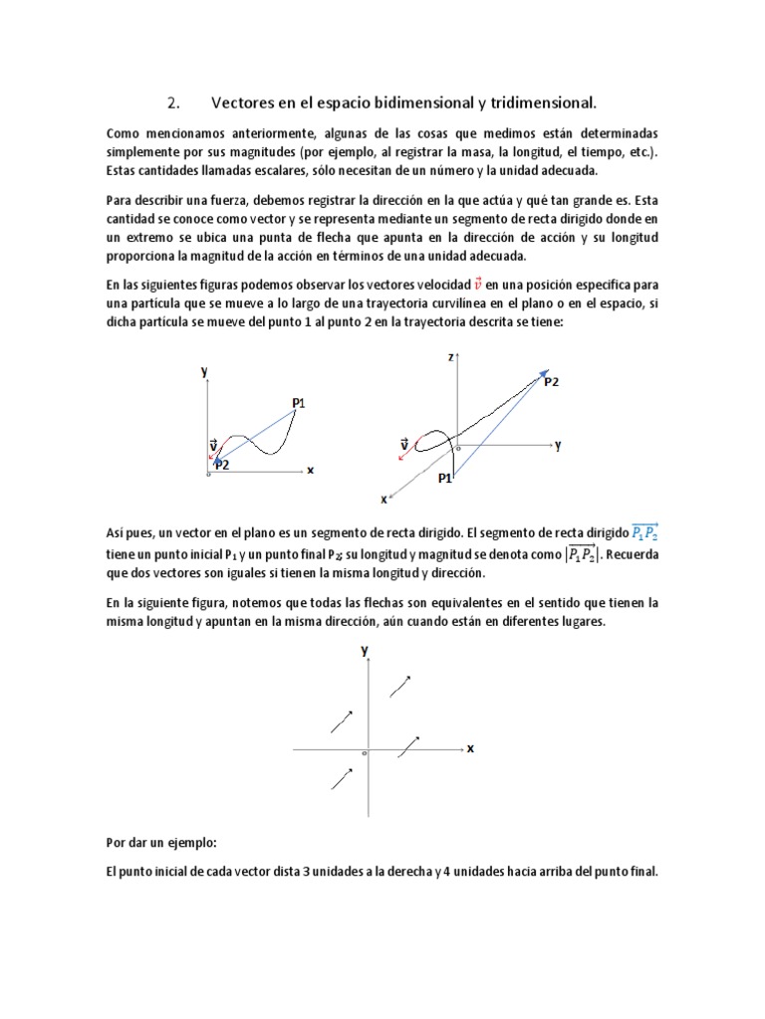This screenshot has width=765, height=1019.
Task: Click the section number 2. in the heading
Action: click(172, 102)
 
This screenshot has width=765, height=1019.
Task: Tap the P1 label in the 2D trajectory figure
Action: click(299, 402)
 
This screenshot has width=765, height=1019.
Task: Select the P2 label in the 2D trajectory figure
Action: click(221, 465)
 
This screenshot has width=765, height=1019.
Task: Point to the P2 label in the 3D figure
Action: click(551, 382)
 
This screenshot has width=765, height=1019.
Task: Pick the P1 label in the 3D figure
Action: click(444, 479)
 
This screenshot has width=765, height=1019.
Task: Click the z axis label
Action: click(451, 356)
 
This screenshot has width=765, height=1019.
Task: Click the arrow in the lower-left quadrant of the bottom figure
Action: click(342, 778)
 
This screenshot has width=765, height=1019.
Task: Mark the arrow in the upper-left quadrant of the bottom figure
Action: click(342, 721)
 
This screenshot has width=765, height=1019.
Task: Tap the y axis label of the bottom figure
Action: click(365, 649)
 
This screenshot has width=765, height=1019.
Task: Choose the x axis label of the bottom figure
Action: click(470, 748)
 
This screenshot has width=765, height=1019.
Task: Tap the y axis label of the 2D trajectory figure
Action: click(203, 370)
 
